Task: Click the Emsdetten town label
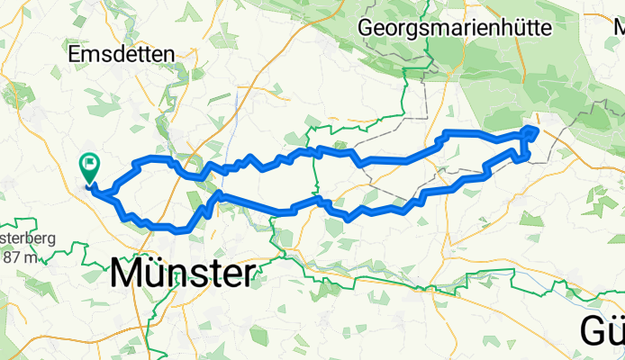point(122,55)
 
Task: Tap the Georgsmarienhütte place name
point(455,28)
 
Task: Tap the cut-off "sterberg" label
point(27,239)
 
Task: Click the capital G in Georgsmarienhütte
point(367,28)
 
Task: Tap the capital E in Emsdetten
point(75,55)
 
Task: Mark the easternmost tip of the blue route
point(538,130)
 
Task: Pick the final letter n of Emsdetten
point(168,55)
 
